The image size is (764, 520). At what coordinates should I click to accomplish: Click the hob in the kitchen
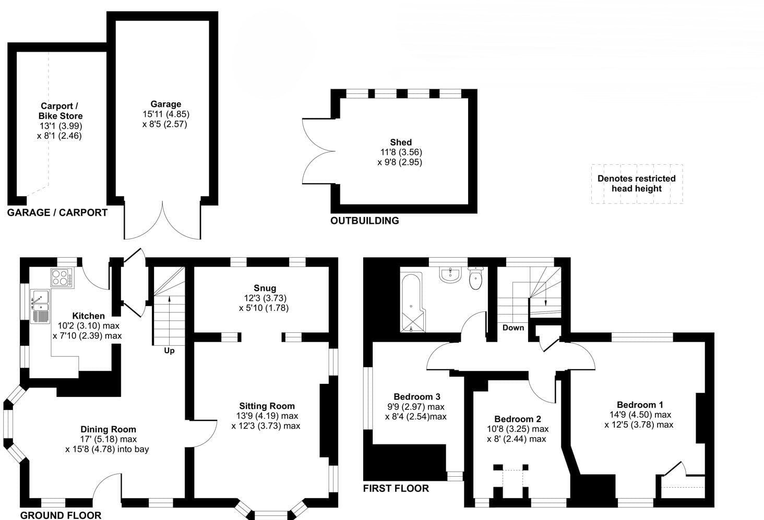coord(63,278)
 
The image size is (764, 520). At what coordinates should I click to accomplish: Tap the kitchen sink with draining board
coord(40,306)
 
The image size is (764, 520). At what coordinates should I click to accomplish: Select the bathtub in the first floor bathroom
coord(413,301)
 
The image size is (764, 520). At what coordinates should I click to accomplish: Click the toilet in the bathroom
coord(475,278)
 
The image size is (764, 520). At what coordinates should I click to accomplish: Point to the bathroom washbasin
coord(450,275)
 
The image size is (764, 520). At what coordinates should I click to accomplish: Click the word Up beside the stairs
coord(169,350)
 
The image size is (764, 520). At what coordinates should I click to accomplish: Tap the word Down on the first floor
coord(513,328)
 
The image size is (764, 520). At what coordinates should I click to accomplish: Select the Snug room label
coord(265,288)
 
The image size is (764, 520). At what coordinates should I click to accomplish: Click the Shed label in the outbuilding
coord(401,142)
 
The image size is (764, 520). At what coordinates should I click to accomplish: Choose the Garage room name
coord(166,104)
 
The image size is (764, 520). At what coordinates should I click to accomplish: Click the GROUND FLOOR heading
coord(61,515)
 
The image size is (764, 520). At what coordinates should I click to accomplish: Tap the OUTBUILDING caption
coord(365,221)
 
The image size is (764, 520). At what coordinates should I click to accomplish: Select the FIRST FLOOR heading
coord(396,488)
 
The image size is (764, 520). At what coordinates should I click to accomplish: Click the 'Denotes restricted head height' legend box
coord(637,184)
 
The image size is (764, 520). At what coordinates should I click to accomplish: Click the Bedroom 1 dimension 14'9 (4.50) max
coord(640,415)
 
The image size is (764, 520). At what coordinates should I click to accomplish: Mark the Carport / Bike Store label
coord(61,111)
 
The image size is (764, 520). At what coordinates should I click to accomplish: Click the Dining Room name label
coord(108,429)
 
